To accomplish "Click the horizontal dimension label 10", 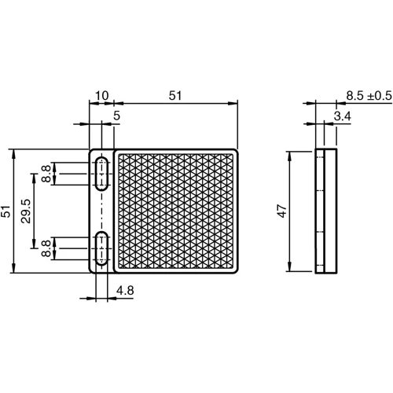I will click(x=101, y=95).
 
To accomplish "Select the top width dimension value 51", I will click(x=175, y=95).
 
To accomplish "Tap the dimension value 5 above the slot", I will click(x=116, y=116).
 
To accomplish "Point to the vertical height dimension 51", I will click(x=6, y=211).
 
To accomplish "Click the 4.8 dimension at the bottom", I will click(x=124, y=290).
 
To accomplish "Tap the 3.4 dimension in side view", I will click(x=342, y=116).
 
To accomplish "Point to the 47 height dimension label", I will click(x=282, y=211).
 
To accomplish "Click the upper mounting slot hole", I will click(x=102, y=174).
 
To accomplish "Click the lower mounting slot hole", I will click(x=102, y=248).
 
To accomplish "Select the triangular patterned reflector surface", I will click(x=175, y=211).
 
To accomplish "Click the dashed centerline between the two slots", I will click(x=102, y=211).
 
